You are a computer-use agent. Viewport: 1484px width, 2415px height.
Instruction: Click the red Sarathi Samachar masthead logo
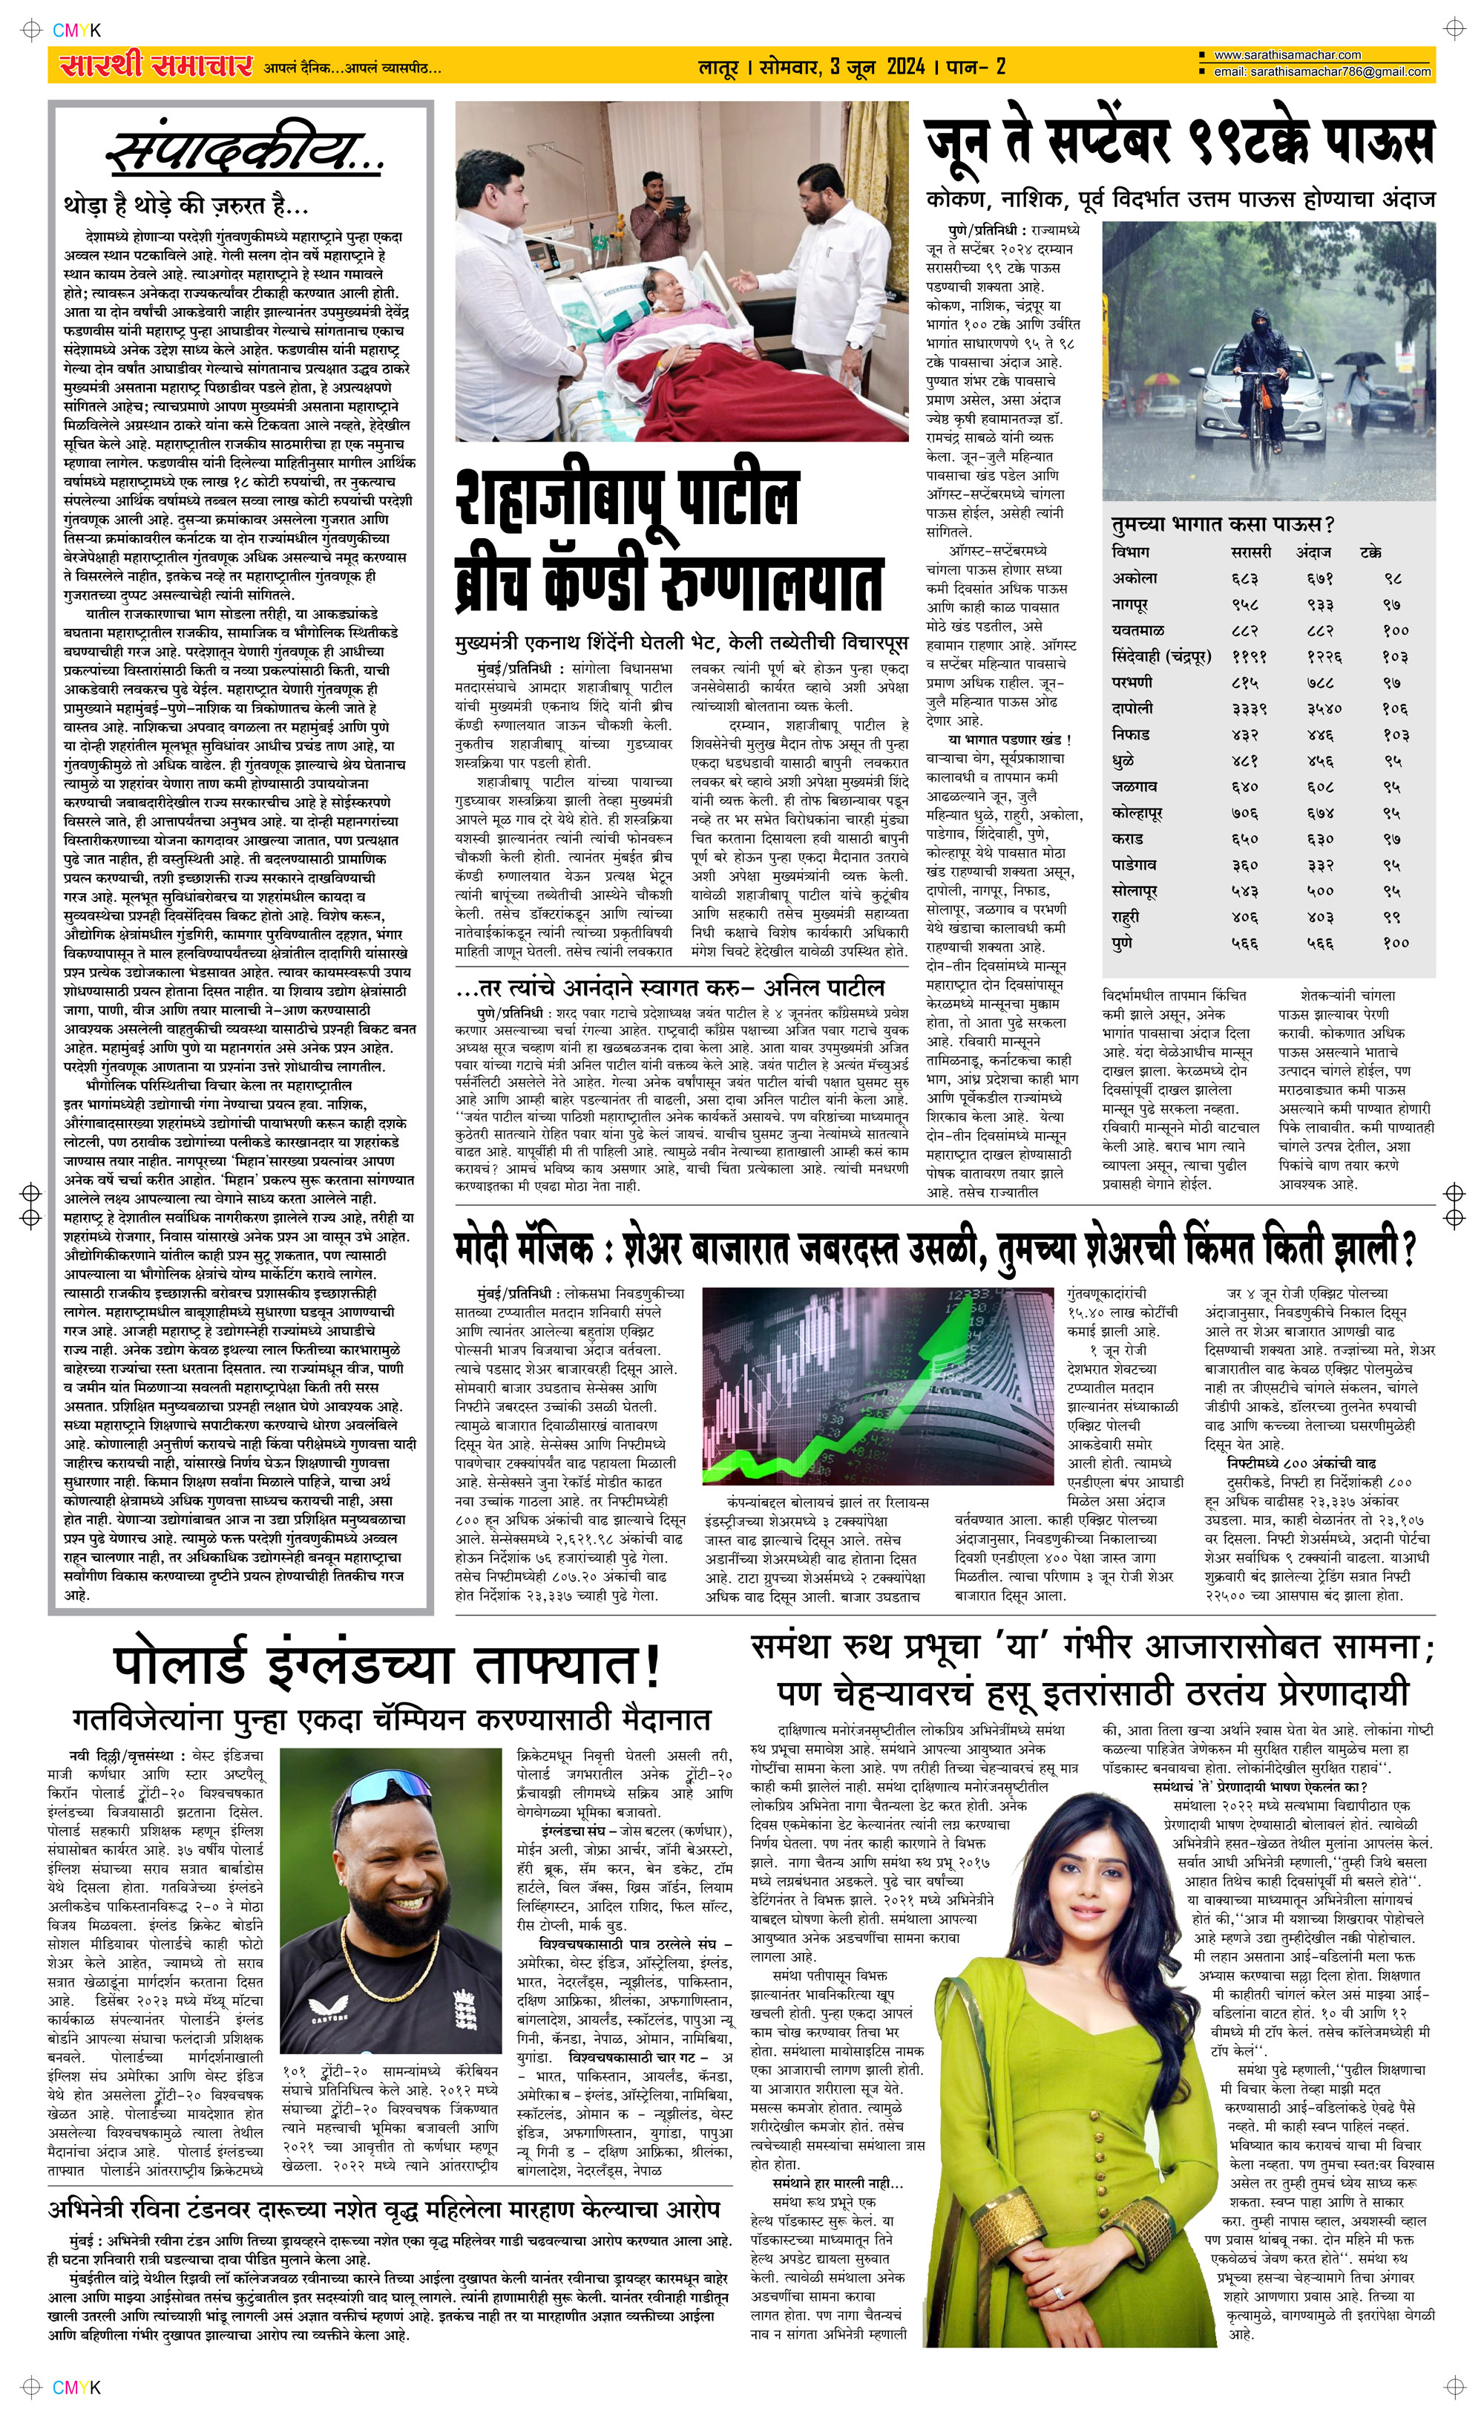click(155, 66)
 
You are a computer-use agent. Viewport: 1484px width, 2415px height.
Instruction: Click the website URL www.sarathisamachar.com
click(1287, 56)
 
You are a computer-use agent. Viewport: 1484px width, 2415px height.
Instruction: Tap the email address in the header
click(1321, 72)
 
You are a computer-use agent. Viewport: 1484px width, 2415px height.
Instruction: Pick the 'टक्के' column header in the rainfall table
click(1370, 552)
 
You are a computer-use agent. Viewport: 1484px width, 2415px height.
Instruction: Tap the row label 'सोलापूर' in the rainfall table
click(1135, 890)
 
